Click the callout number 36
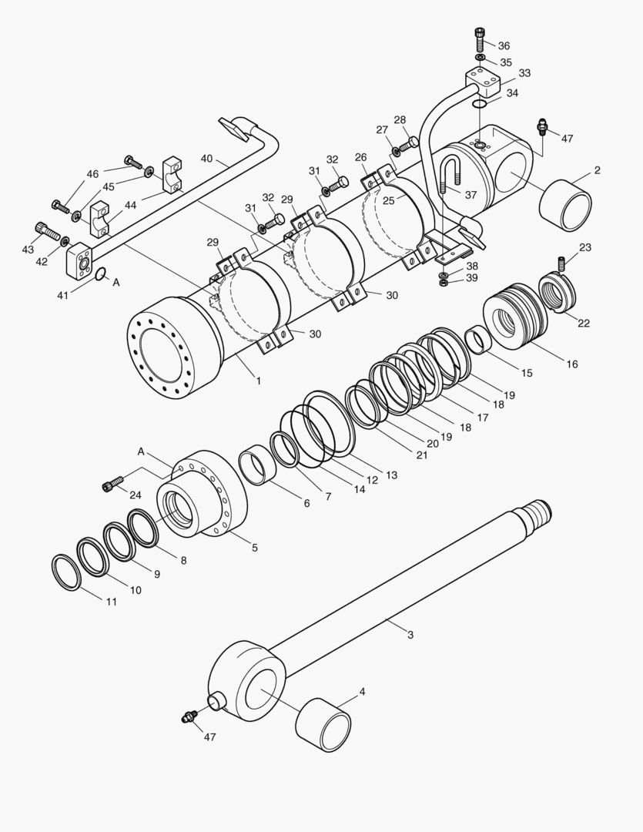[x=504, y=45]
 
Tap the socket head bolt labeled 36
[x=481, y=37]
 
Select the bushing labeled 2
[x=565, y=206]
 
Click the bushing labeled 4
[x=323, y=725]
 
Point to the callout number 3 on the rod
[x=410, y=635]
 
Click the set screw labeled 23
[x=561, y=263]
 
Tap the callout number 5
[x=254, y=548]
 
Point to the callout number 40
[x=206, y=159]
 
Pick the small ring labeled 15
[x=478, y=340]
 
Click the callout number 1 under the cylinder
[x=259, y=380]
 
